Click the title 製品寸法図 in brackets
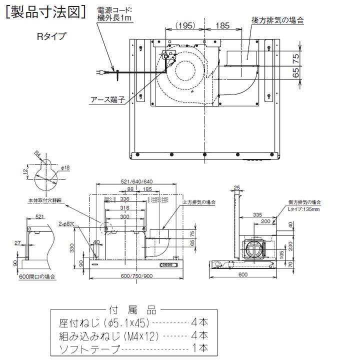tap(48, 12)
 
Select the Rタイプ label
tap(51, 36)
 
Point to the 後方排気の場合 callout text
tap(277, 20)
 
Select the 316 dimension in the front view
tap(124, 208)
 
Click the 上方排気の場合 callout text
tap(199, 202)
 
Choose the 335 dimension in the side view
tap(257, 214)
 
